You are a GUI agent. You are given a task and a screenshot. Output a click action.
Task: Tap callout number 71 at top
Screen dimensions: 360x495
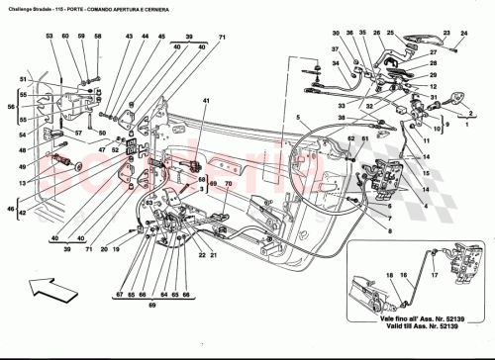223,38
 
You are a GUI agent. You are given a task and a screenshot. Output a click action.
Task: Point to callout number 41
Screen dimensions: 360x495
205,103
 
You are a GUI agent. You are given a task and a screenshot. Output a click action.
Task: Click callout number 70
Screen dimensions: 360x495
228,184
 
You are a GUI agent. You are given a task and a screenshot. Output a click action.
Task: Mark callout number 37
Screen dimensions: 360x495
336,48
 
